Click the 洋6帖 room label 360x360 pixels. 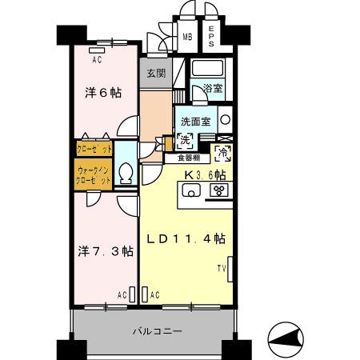click(x=103, y=92)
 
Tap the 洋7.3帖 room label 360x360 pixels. click(x=106, y=250)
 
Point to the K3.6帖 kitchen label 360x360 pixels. click(x=205, y=174)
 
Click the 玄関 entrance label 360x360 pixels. click(x=155, y=74)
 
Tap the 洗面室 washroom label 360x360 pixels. click(x=195, y=122)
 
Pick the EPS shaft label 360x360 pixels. click(x=212, y=35)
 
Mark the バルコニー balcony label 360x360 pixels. click(x=158, y=330)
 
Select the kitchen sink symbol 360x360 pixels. click(x=192, y=190)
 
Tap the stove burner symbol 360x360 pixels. click(x=218, y=190)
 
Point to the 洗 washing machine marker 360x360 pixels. click(x=185, y=142)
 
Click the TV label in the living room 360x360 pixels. click(x=222, y=268)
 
